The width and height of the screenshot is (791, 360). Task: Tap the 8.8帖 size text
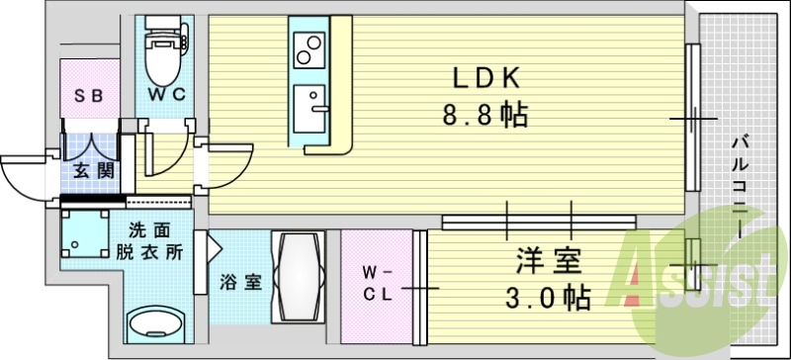pyautogui.click(x=484, y=116)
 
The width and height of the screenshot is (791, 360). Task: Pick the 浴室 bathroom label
pyautogui.click(x=240, y=281)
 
